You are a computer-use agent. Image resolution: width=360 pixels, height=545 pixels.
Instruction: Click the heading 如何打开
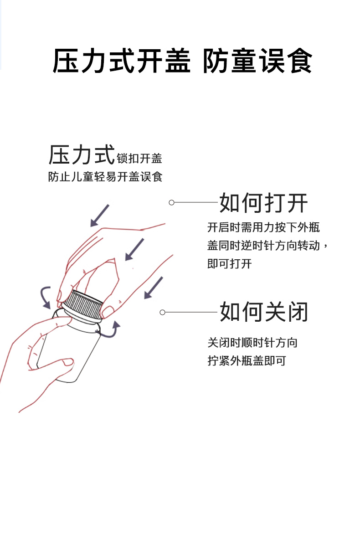(x=263, y=203)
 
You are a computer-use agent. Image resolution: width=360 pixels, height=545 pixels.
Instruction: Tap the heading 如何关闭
(x=264, y=312)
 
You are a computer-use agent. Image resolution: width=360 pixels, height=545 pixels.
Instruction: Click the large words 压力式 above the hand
(x=82, y=155)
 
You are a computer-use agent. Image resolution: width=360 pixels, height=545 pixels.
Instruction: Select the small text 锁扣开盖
(x=139, y=159)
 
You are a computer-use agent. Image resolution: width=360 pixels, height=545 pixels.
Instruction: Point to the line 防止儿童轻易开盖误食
(x=105, y=177)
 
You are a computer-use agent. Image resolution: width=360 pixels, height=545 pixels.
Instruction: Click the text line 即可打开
(x=230, y=264)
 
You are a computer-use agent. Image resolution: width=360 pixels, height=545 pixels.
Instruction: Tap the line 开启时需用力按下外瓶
(x=263, y=227)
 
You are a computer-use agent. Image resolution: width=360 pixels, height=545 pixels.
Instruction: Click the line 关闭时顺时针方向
(x=252, y=342)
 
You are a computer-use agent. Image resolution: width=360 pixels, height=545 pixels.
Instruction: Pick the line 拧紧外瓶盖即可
(x=247, y=361)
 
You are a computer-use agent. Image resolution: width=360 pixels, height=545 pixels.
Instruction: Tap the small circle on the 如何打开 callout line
(x=171, y=202)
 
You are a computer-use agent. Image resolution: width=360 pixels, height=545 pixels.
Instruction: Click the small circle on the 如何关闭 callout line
(x=162, y=312)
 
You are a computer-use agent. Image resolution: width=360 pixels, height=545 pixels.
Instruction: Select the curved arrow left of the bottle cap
(x=45, y=298)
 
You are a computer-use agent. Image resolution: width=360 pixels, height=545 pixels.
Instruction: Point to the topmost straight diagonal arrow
(x=99, y=215)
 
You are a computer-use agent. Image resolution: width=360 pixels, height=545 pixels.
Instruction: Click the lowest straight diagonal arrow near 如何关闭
(x=153, y=288)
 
